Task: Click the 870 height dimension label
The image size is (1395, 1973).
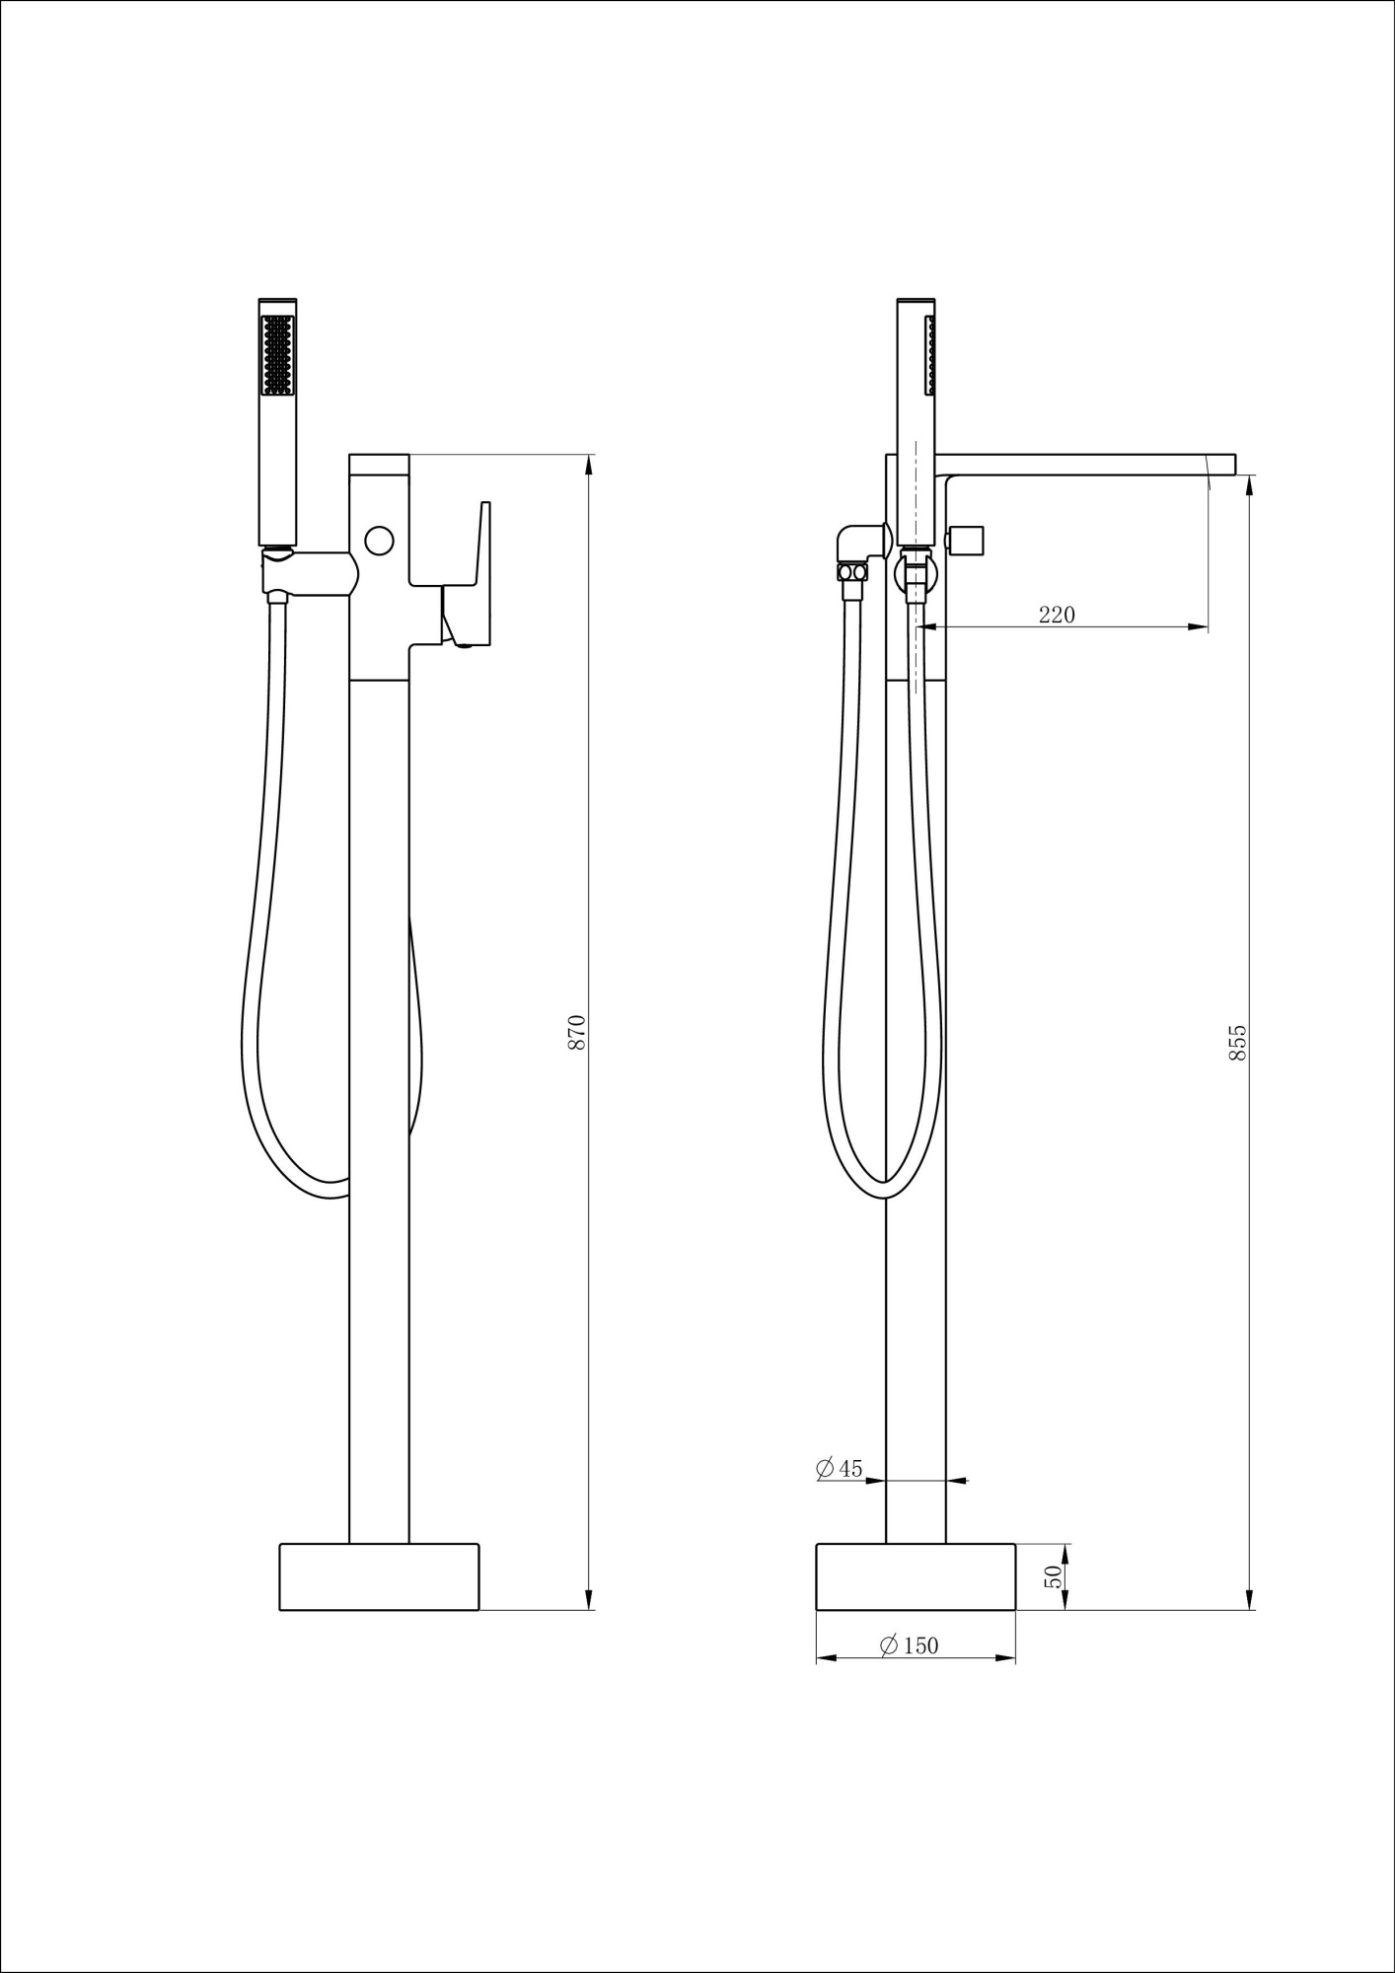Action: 578,1031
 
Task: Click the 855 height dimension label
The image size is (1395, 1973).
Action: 1238,1043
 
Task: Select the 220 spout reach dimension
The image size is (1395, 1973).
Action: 1057,615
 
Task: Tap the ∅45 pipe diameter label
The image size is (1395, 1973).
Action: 840,1496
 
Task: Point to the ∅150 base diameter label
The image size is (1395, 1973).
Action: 909,1645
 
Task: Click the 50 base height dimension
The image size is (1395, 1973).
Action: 1054,1576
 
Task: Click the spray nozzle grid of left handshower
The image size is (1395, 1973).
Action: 277,355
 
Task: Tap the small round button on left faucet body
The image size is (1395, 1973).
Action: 379,541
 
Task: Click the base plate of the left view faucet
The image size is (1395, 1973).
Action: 379,1576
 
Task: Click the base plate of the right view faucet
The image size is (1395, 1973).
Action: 916,1576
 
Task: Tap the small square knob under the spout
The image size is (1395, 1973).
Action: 971,542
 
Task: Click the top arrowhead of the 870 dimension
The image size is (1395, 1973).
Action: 590,464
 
